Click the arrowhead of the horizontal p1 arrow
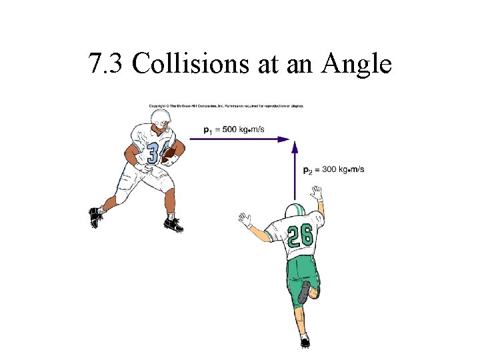285,139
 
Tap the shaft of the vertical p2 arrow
294,173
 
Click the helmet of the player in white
161,119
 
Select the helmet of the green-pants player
295,210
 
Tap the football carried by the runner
169,154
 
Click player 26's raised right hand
317,193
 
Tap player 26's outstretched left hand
245,219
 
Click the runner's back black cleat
96,217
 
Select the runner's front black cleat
173,225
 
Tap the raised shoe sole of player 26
305,292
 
